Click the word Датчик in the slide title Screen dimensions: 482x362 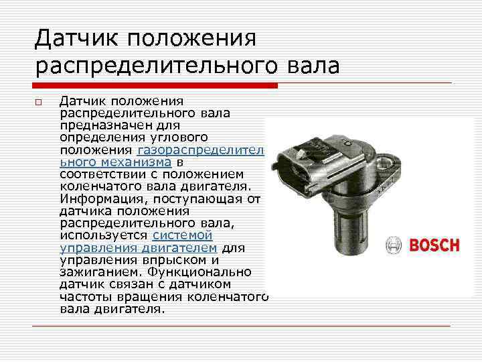[x=76, y=38]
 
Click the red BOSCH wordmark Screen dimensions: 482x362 [x=434, y=245]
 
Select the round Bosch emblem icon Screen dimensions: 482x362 [x=394, y=245]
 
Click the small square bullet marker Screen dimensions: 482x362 [x=38, y=102]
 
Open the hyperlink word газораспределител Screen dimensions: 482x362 [x=200, y=150]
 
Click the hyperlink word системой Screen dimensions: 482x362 [x=182, y=235]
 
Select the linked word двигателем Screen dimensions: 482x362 [x=179, y=248]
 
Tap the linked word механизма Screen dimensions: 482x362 [x=136, y=162]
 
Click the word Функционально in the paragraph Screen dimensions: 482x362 [x=199, y=272]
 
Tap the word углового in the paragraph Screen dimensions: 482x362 [x=179, y=137]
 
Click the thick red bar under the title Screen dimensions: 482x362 [x=155, y=85]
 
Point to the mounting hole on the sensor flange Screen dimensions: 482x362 [x=384, y=161]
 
